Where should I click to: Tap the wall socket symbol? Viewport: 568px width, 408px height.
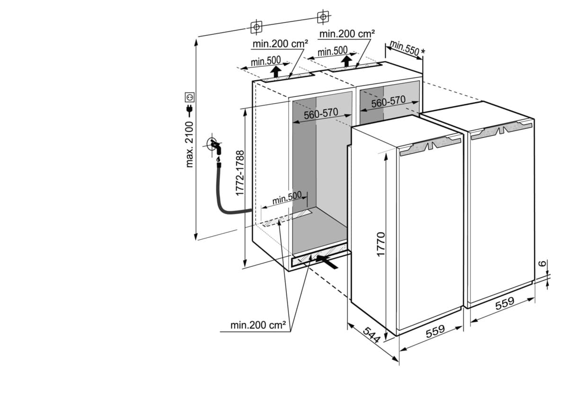tap(190, 97)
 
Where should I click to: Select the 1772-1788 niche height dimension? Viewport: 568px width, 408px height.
tap(240, 173)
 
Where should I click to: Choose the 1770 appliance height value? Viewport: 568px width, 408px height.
tap(381, 244)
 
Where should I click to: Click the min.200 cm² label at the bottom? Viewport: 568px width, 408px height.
tap(258, 325)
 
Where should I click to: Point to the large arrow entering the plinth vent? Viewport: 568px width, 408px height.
tap(328, 260)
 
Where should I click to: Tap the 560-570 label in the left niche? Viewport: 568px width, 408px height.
tap(321, 114)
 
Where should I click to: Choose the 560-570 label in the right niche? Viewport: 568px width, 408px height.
tap(388, 101)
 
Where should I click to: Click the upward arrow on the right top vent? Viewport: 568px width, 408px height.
tap(347, 60)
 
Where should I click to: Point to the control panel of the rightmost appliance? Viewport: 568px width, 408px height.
tap(502, 129)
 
